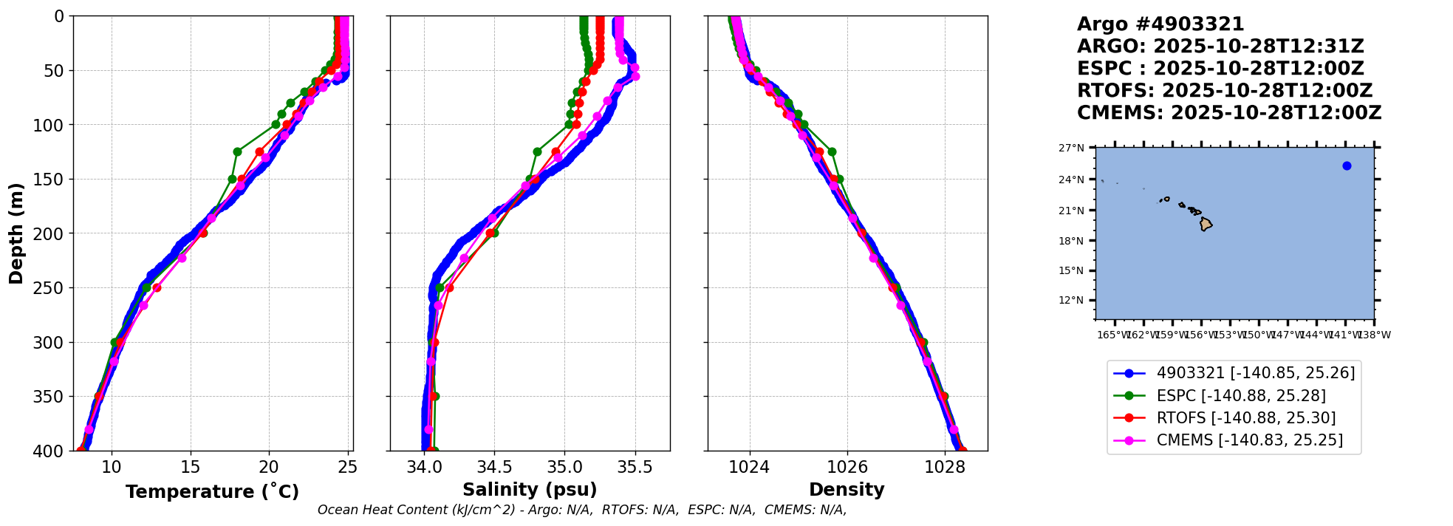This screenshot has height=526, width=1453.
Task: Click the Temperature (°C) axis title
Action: click(x=212, y=491)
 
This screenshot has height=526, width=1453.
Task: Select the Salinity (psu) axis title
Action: click(x=530, y=490)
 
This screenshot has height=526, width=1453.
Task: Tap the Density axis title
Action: click(x=847, y=490)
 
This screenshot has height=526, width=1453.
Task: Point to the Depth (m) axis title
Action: click(x=16, y=233)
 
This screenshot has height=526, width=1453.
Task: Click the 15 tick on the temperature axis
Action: click(x=191, y=467)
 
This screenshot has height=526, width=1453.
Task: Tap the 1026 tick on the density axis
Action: click(x=847, y=467)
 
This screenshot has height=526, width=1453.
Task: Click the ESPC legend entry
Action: click(x=1240, y=396)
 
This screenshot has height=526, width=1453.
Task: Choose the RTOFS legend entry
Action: click(x=1245, y=418)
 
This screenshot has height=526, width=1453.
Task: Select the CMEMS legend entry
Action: click(x=1249, y=440)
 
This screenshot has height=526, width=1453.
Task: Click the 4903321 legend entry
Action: click(x=1255, y=374)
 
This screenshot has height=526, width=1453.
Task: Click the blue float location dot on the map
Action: click(x=1347, y=166)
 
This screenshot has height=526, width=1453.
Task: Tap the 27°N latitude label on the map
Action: click(x=1071, y=148)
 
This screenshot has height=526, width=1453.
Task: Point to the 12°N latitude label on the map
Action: click(x=1071, y=301)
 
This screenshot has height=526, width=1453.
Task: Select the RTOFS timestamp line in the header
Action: click(x=1224, y=91)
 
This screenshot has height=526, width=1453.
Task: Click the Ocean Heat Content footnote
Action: click(x=582, y=510)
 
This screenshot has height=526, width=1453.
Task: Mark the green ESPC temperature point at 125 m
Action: click(x=237, y=151)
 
